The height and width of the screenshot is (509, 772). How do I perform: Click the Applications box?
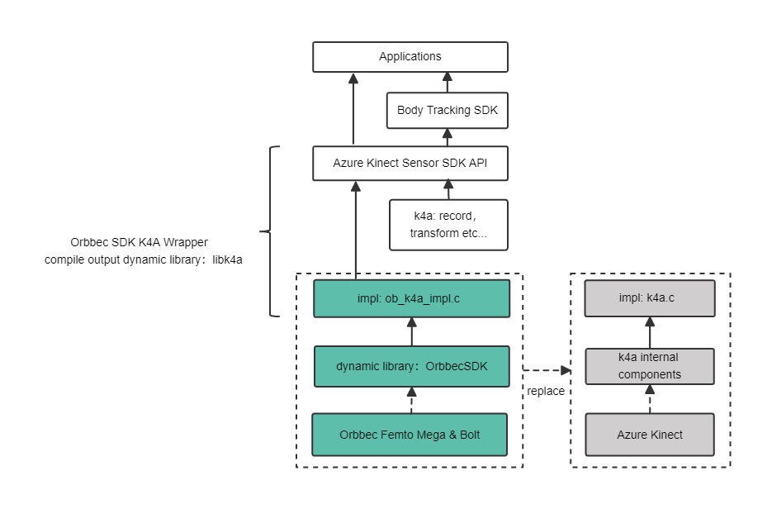point(410,57)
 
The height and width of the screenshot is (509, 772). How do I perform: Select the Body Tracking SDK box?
point(447,110)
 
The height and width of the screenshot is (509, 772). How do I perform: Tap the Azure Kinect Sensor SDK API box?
point(410,164)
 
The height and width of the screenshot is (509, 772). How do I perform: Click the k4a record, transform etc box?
point(448,225)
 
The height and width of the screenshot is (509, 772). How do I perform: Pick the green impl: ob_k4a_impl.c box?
point(411,298)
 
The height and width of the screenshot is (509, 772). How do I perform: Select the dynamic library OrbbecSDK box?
point(411,366)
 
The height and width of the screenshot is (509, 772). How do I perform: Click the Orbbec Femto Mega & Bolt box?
point(410,435)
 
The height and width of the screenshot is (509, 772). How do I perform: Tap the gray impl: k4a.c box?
point(649,297)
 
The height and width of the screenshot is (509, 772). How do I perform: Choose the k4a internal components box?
point(649,366)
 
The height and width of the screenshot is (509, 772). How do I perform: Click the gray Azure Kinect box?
point(649,435)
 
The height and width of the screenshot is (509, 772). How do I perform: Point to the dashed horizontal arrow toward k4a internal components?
point(548,370)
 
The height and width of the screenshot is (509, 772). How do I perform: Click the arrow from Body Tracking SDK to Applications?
point(447,83)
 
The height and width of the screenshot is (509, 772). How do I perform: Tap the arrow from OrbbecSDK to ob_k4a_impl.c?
point(411,332)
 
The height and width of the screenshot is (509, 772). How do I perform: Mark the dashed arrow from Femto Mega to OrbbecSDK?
point(411,401)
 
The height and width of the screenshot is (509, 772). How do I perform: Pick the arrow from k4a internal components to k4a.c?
point(649,332)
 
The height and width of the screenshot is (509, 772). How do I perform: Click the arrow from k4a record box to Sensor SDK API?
point(448,190)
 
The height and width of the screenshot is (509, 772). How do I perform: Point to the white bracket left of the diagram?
point(275,231)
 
